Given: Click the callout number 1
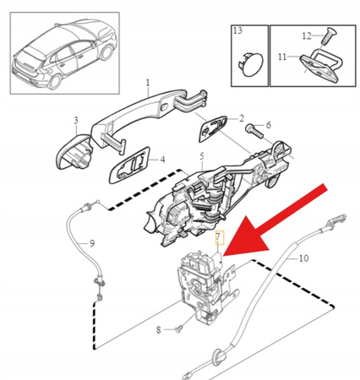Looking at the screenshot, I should tap(146, 83).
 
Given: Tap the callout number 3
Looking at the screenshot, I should tap(75, 122).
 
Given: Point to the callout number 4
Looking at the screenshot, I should tap(162, 158).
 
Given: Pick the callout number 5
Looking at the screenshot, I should tap(201, 156).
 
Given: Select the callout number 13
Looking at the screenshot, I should tap(238, 31).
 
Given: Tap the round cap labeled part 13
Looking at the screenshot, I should tap(247, 63).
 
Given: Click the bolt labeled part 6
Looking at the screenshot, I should tap(253, 130).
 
